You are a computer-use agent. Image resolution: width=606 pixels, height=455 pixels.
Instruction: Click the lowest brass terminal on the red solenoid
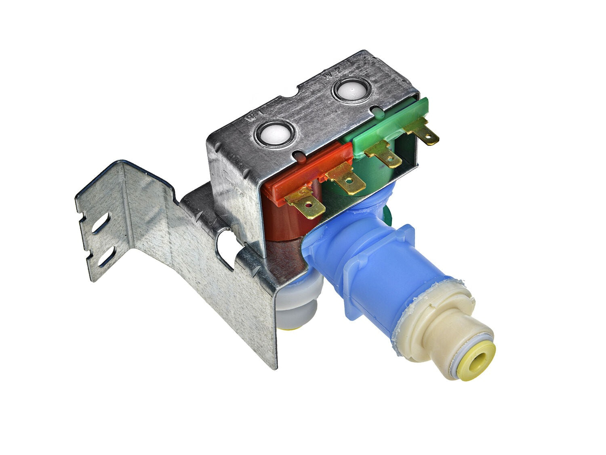coord(305,204)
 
